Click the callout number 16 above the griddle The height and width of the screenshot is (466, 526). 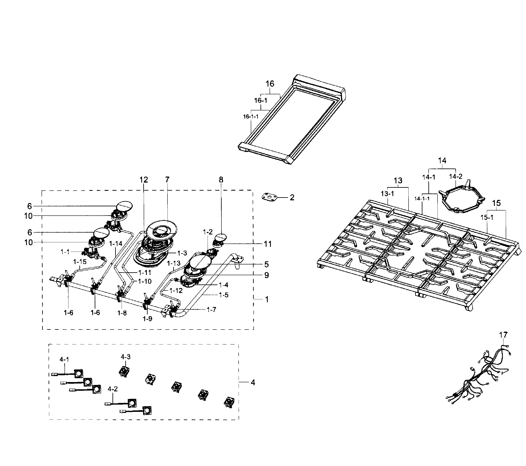tap(270, 84)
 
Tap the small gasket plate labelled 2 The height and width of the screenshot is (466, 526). tap(269, 197)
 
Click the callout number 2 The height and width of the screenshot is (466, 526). tap(292, 197)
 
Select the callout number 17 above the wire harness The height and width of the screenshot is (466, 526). tap(503, 335)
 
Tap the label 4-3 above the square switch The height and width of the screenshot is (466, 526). tap(126, 357)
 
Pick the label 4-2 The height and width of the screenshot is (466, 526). tap(112, 389)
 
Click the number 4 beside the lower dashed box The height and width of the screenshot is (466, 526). tap(253, 383)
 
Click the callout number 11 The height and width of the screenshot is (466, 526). tap(268, 244)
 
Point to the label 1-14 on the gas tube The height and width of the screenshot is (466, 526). tap(116, 243)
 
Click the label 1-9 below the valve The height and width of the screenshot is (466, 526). tap(147, 319)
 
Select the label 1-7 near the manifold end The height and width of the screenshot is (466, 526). tap(211, 309)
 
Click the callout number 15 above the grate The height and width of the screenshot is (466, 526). tap(496, 203)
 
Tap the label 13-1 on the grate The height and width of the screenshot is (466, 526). tap(387, 194)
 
